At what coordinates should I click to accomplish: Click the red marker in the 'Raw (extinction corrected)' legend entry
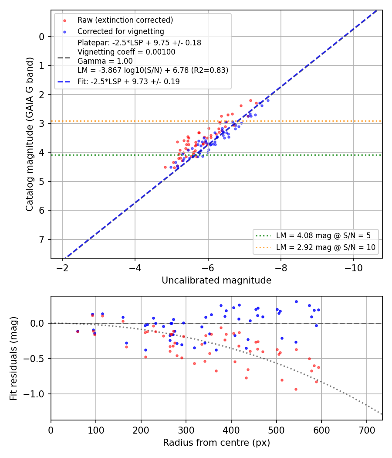[65, 21]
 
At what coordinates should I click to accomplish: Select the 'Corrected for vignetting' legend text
[121, 31]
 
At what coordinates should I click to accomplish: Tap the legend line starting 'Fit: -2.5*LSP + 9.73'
[128, 82]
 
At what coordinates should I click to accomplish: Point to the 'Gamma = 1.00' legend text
[105, 61]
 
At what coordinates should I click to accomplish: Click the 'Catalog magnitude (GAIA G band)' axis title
[30, 134]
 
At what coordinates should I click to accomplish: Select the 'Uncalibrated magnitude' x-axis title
[216, 280]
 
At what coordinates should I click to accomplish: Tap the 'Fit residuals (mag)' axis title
[14, 359]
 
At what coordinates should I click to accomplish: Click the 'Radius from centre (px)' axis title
[216, 443]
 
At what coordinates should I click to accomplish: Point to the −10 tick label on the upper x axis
[354, 268]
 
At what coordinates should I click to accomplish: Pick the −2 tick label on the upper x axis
[62, 268]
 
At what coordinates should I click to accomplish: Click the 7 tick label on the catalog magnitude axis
[42, 239]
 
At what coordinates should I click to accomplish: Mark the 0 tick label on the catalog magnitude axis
[42, 37]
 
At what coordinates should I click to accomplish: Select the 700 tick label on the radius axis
[367, 430]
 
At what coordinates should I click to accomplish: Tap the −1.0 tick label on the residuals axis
[34, 394]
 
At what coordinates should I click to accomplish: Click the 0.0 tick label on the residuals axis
[37, 323]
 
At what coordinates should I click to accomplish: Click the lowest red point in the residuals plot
[296, 390]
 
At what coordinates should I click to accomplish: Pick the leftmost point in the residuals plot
[78, 332]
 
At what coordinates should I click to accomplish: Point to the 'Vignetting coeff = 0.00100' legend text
[126, 52]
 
